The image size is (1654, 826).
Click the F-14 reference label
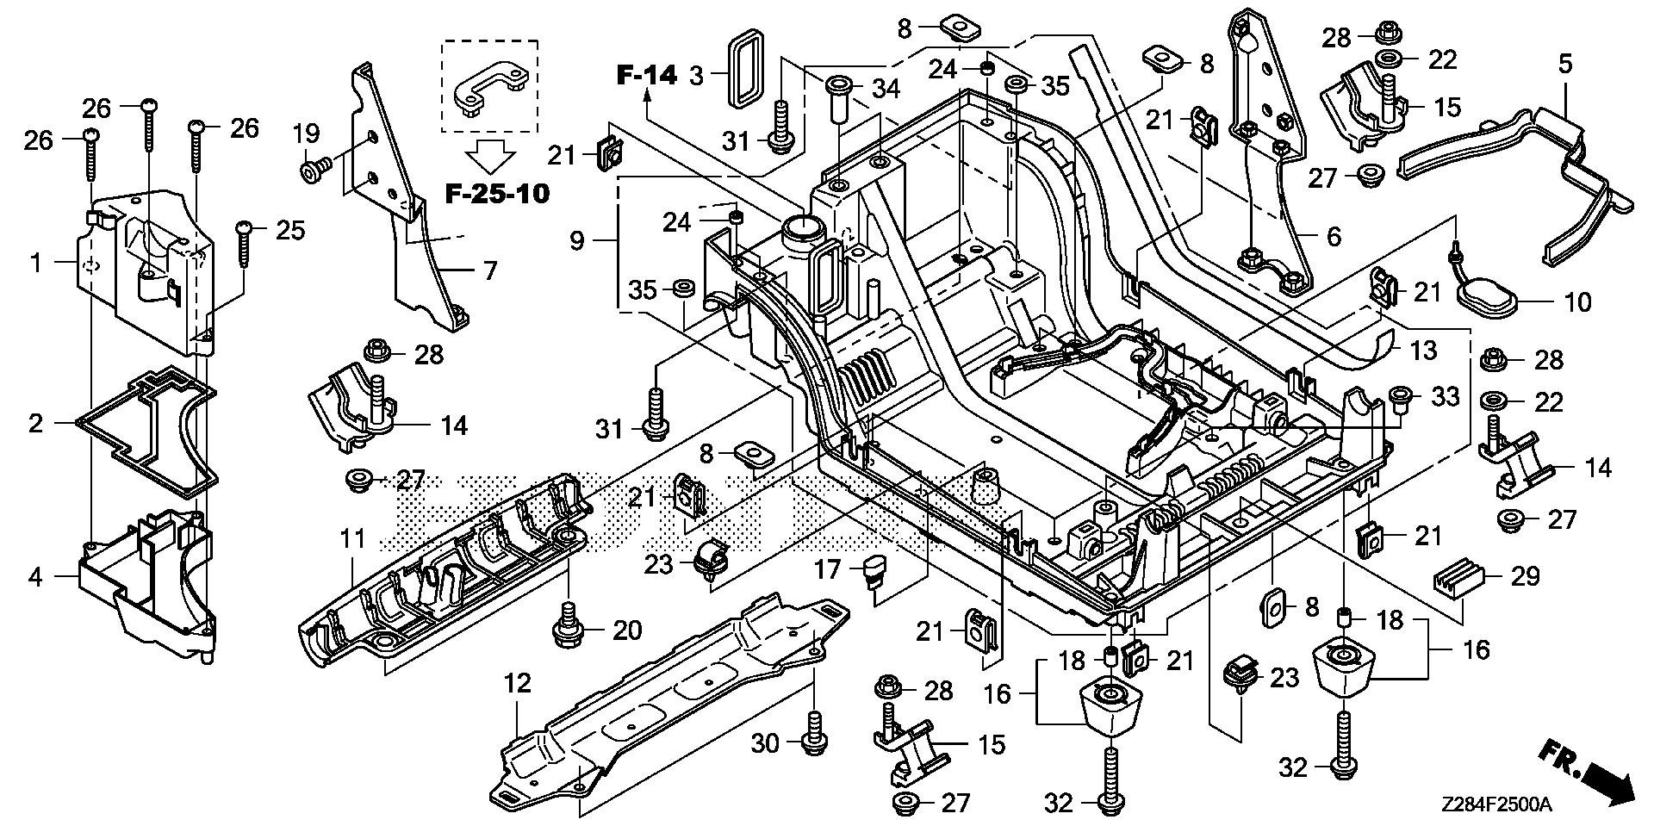point(647,75)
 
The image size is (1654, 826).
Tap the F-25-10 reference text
point(497,193)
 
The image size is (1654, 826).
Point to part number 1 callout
point(35,262)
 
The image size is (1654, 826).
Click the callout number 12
point(518,684)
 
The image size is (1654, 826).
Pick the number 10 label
point(1578,302)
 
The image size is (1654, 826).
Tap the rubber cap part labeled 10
point(1488,300)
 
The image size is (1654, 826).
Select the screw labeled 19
point(312,170)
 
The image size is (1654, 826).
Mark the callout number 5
point(1565,63)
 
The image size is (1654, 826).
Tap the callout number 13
point(1423,350)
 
